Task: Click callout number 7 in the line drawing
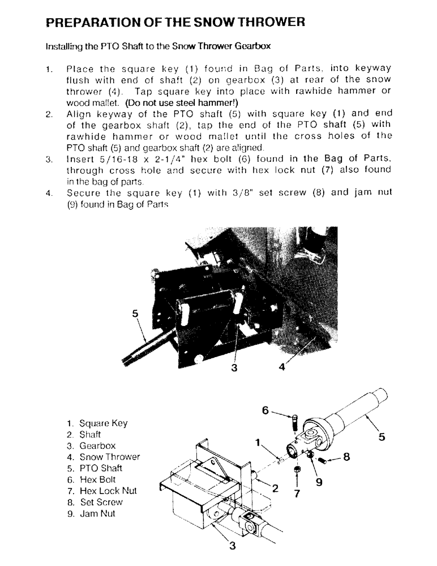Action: pos(297,492)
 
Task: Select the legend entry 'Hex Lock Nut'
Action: pos(108,491)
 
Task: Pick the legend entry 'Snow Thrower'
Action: pos(109,457)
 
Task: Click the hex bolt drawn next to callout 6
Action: pos(294,421)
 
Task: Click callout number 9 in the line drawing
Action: pos(318,482)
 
